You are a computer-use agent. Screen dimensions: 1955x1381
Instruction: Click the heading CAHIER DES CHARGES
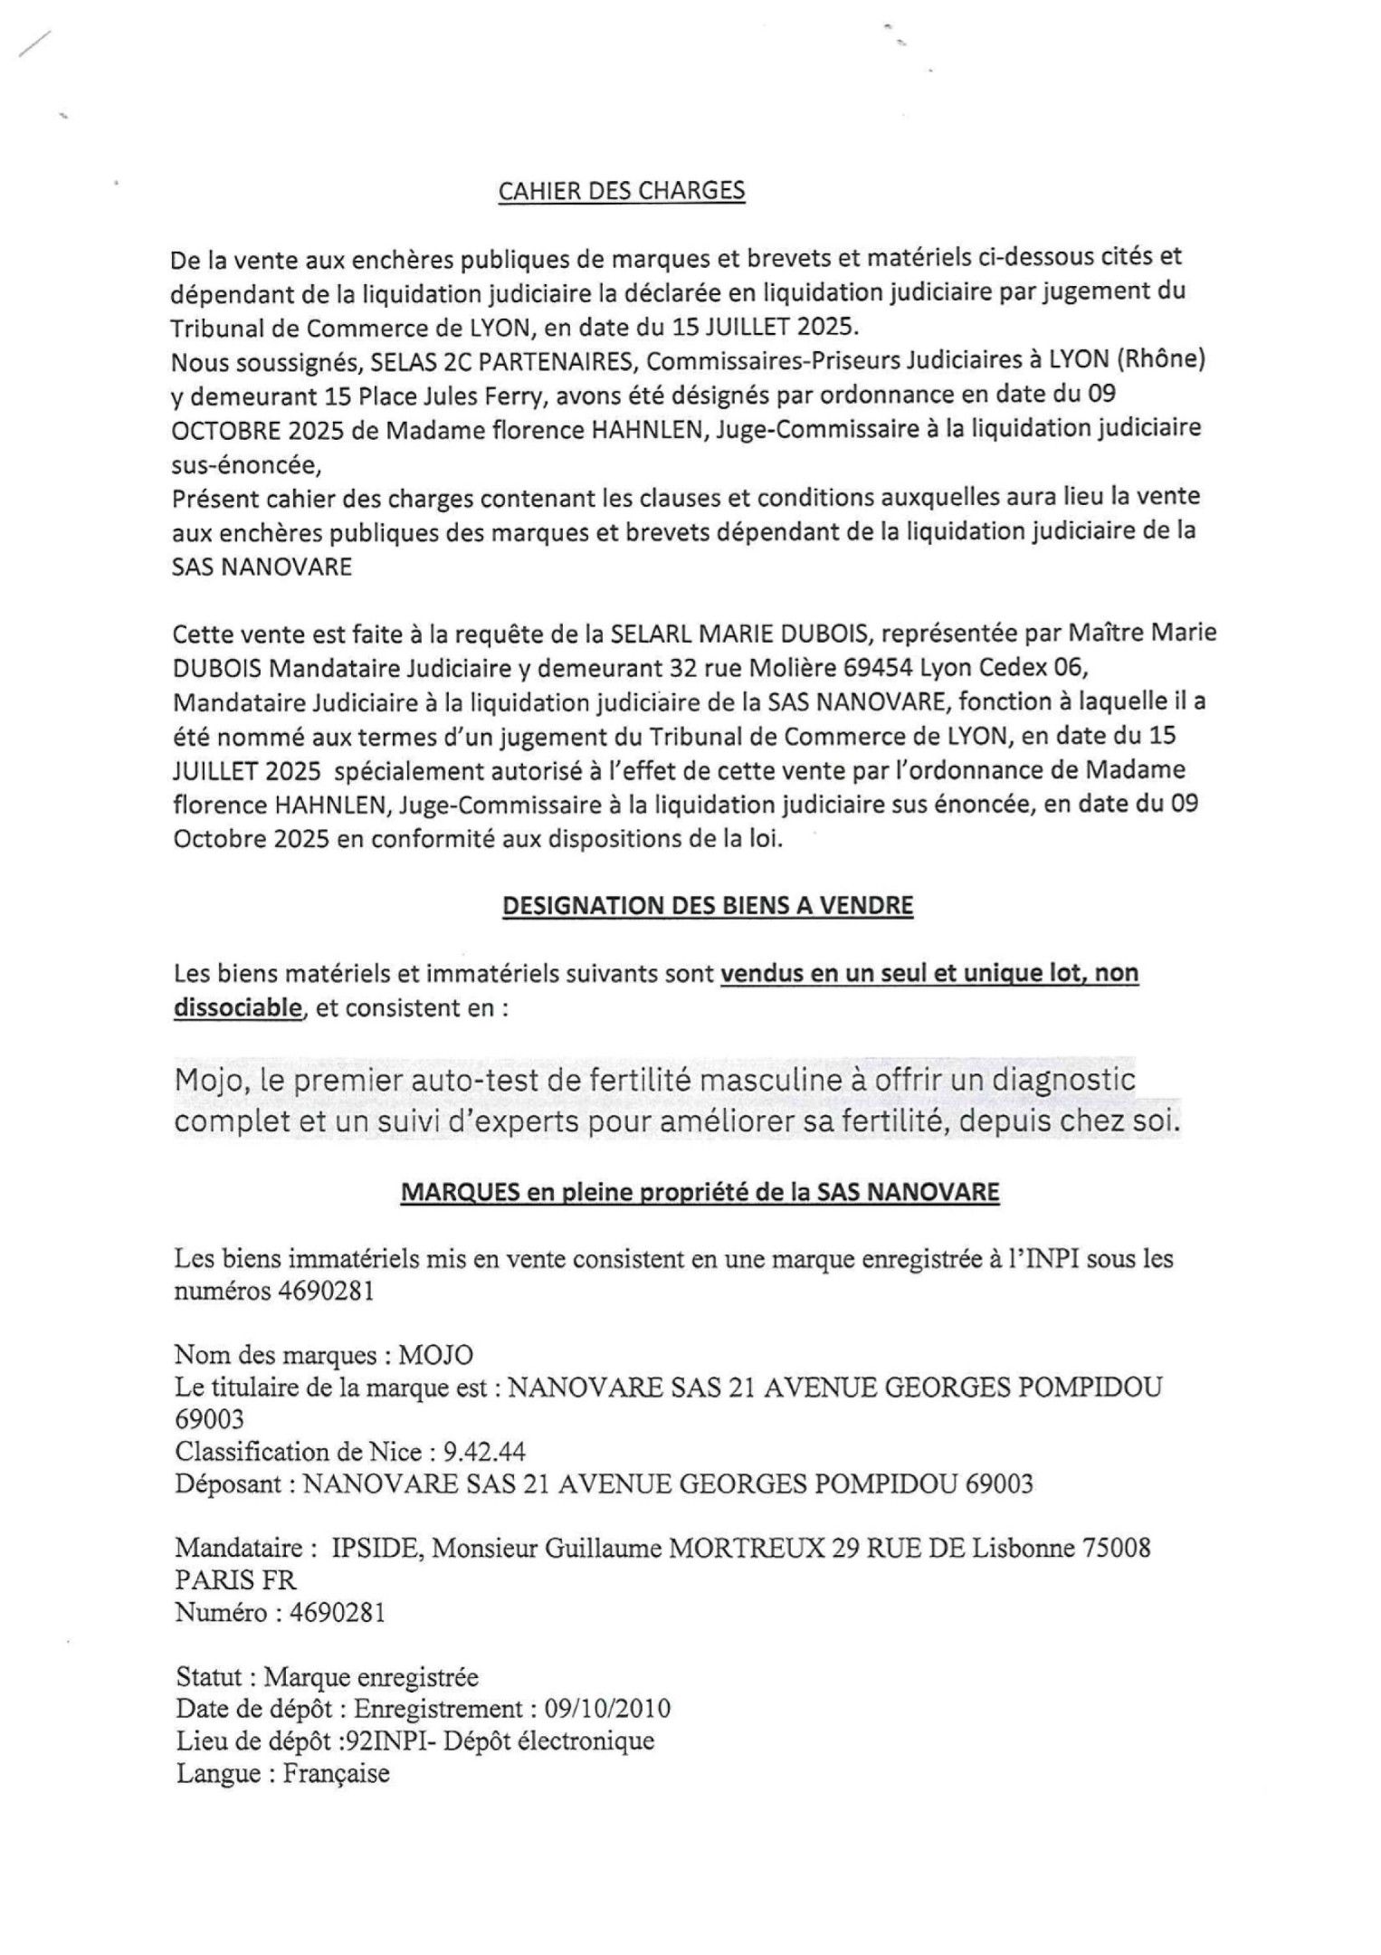tap(622, 191)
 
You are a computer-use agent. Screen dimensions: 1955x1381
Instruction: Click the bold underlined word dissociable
tap(236, 1007)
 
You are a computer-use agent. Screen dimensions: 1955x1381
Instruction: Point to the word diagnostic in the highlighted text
tap(1066, 1080)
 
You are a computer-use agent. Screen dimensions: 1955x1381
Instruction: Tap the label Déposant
tap(230, 1484)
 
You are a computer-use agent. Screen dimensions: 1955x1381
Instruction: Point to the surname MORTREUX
tap(746, 1548)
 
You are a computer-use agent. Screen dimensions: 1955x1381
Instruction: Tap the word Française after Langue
tap(336, 1773)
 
